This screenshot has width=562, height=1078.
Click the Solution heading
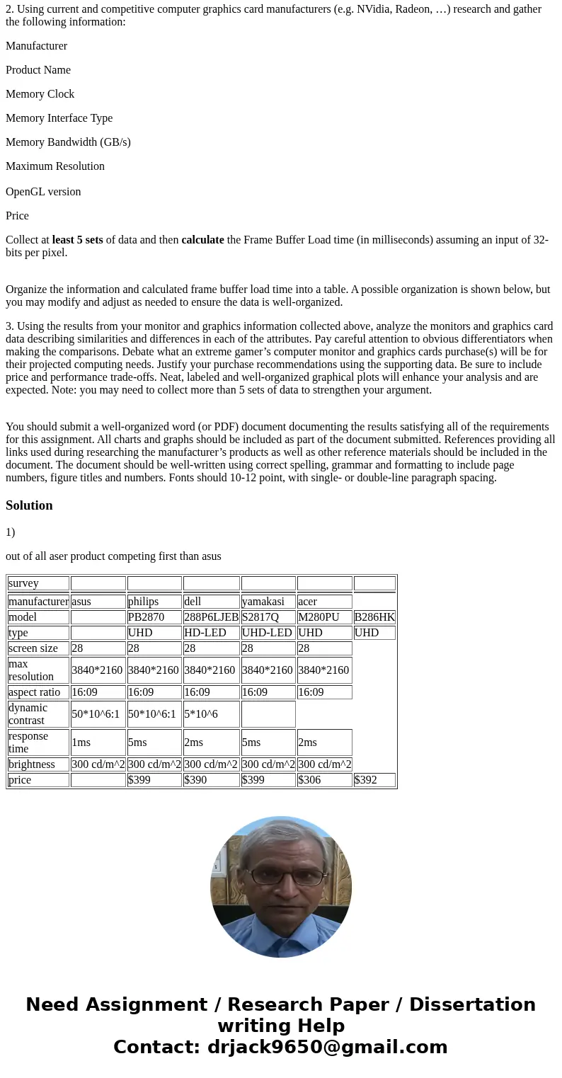(x=29, y=505)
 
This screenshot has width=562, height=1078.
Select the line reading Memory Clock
(x=40, y=94)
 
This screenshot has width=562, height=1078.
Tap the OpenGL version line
(x=43, y=192)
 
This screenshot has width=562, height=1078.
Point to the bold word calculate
(x=202, y=240)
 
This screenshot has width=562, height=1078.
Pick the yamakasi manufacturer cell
(x=268, y=602)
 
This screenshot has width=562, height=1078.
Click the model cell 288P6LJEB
(x=211, y=617)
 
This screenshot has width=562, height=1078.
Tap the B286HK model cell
(x=374, y=617)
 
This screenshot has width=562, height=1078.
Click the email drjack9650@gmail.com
(x=327, y=1048)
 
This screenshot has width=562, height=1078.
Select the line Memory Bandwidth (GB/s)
(x=68, y=142)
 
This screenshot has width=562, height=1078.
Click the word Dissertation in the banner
(x=472, y=1005)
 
